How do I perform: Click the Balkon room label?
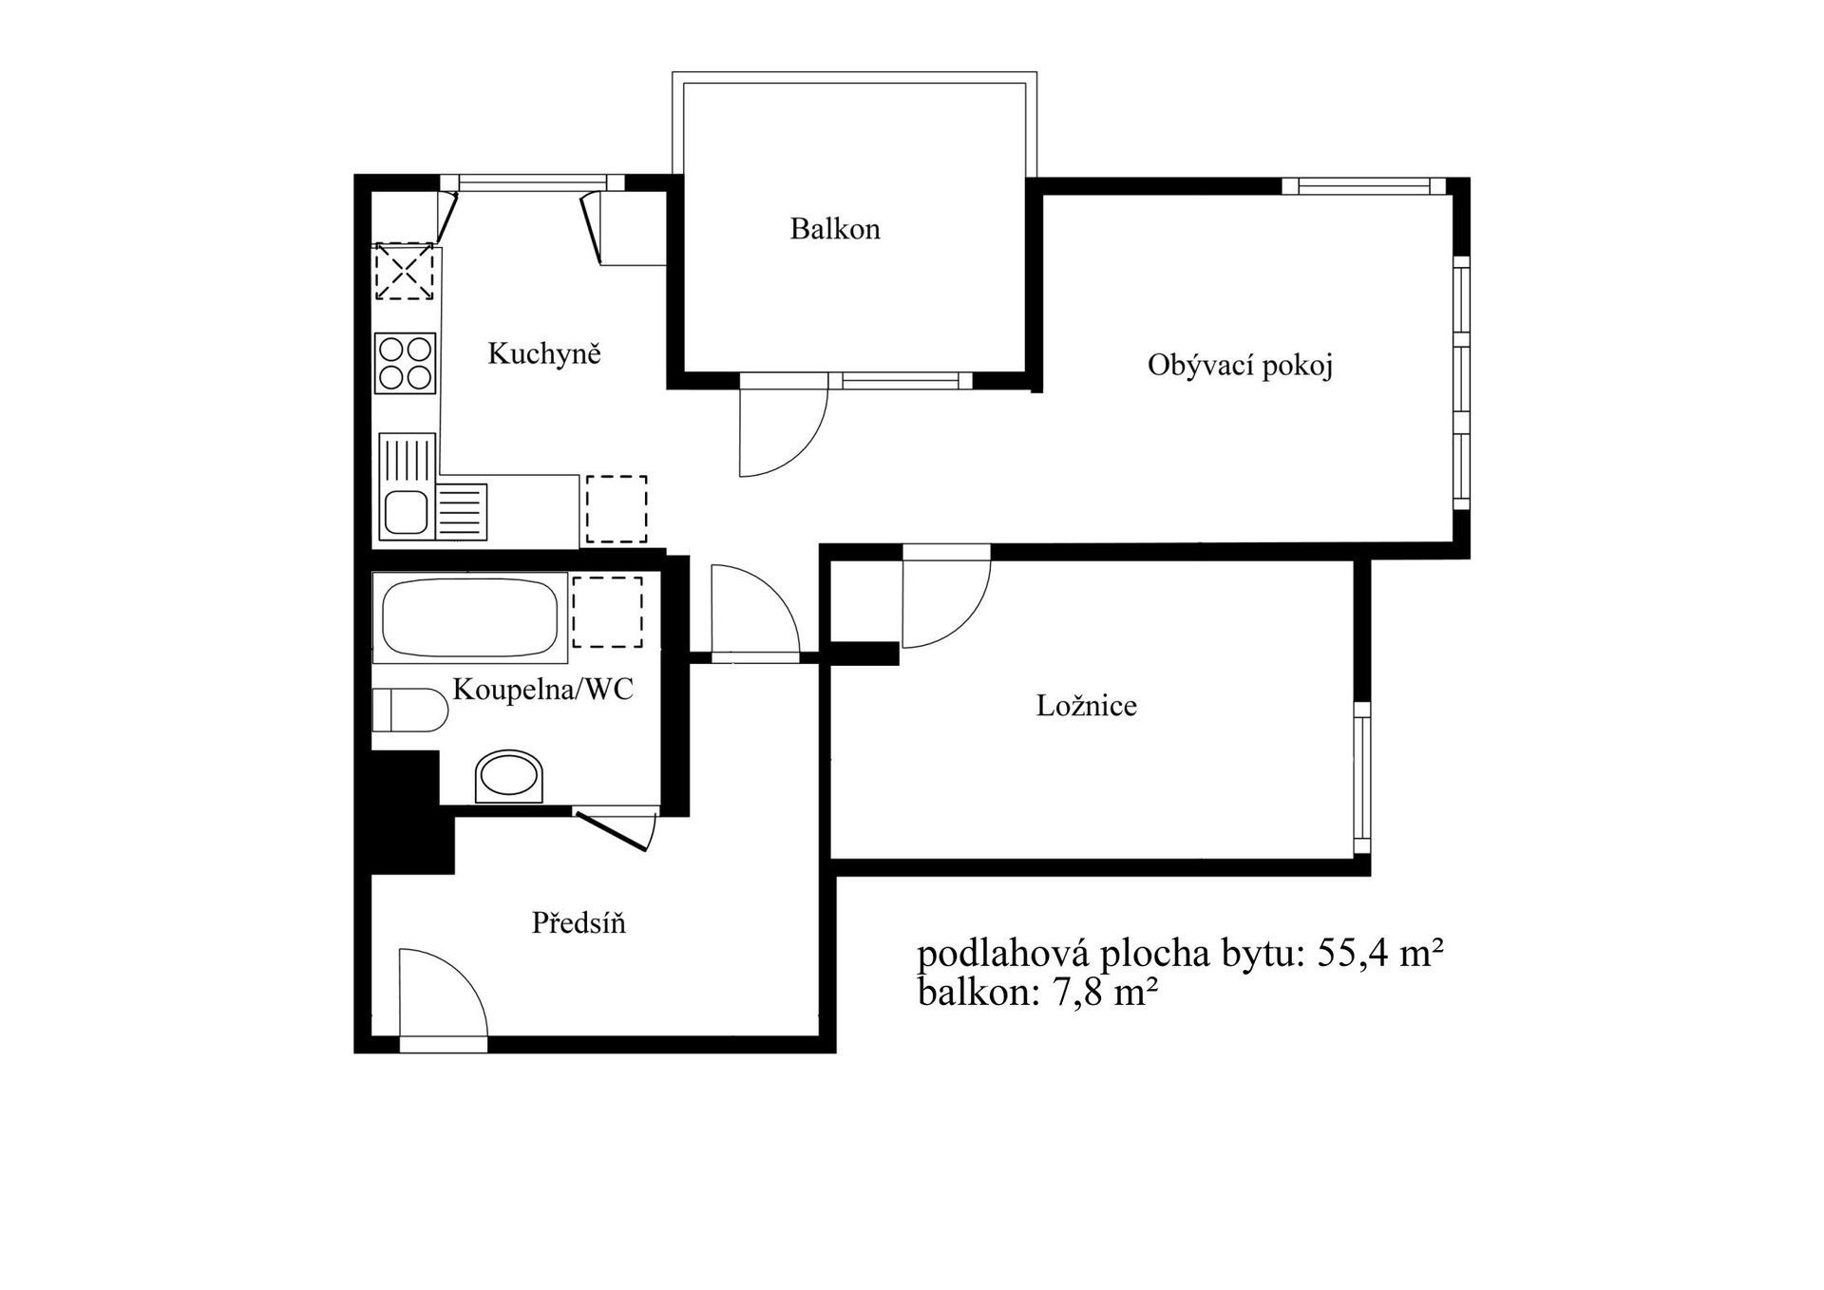835,229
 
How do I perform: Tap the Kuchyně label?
544,353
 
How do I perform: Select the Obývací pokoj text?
1240,366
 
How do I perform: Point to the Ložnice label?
1086,705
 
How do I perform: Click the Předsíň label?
579,922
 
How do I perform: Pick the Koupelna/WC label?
542,689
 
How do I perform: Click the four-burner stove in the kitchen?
406,362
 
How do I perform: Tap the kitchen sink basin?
406,513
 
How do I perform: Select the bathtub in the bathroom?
470,617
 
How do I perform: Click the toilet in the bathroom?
409,711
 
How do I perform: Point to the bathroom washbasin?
509,776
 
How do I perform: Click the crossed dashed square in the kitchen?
405,272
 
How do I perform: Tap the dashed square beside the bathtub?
607,612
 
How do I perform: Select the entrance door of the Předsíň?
443,999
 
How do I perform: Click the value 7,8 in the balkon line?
1078,993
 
